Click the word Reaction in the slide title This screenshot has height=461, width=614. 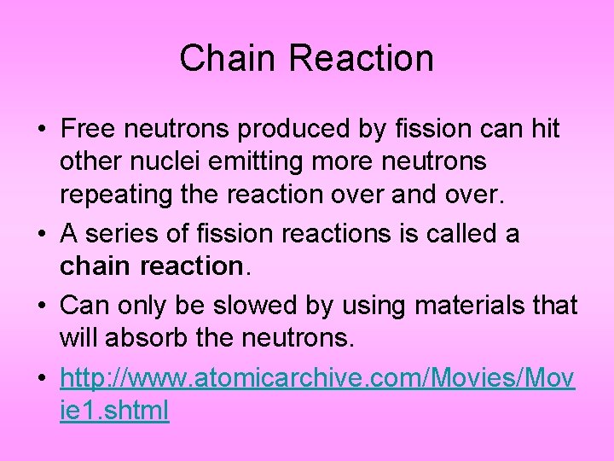tap(362, 59)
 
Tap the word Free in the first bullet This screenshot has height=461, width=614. tap(90, 129)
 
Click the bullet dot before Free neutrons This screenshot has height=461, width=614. tap(42, 131)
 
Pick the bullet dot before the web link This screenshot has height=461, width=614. tap(42, 379)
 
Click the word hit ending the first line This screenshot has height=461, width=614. tap(543, 129)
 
